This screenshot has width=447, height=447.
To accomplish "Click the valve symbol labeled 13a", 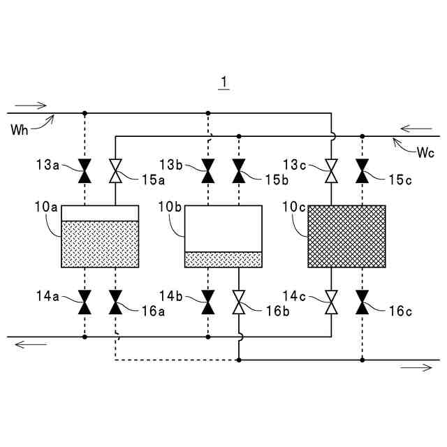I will tap(85, 169).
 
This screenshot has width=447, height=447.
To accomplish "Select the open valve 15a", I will tap(116, 169).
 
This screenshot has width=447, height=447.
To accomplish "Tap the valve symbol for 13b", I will tap(207, 169).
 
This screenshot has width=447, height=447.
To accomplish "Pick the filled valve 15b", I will tap(239, 169).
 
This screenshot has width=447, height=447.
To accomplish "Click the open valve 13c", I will tap(331, 169).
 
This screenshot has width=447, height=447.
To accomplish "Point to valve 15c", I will tap(362, 169).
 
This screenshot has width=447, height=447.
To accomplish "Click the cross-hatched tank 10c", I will tap(346, 236).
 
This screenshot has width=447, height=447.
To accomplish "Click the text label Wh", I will tap(20, 129).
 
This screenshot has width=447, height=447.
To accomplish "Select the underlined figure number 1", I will tap(223, 83).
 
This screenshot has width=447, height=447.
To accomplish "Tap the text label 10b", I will tap(170, 209).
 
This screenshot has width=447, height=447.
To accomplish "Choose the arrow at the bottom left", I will tap(29, 343).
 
